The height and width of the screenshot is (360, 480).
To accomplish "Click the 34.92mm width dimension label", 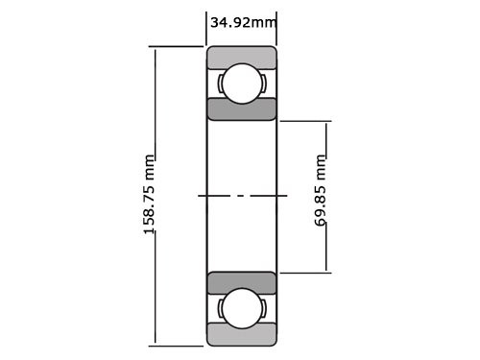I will (242, 22).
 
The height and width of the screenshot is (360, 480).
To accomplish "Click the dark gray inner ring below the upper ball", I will (242, 108).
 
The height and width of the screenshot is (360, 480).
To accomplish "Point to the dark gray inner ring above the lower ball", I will (242, 283).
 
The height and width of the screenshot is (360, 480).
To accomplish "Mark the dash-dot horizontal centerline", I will (242, 196).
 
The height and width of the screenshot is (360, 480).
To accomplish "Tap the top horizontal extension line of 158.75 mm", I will (178, 46).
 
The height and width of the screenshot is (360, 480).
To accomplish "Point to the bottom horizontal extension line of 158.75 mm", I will (178, 345).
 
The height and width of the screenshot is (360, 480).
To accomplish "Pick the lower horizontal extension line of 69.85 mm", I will (305, 273).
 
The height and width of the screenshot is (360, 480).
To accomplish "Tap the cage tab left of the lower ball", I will (221, 308).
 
